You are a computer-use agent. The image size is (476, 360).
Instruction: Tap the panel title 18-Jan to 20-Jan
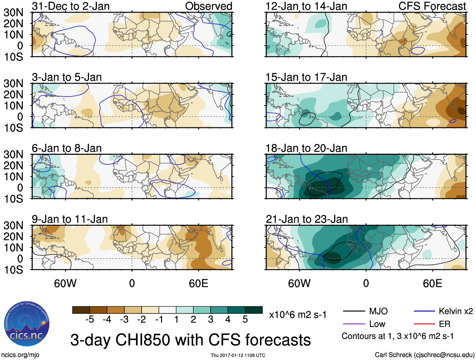[x=306, y=148]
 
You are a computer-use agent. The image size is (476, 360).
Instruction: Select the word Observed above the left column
[x=208, y=6]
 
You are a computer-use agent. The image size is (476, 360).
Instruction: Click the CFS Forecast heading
[x=432, y=6]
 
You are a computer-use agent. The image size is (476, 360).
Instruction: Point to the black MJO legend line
[x=354, y=311]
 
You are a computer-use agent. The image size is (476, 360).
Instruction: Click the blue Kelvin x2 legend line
[x=424, y=311]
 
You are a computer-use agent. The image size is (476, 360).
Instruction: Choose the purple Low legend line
[x=354, y=324]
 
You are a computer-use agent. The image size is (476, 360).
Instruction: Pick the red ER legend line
[x=424, y=324]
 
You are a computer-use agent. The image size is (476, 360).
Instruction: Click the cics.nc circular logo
[x=26, y=324]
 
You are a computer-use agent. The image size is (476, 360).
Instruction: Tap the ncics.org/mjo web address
[x=20, y=355]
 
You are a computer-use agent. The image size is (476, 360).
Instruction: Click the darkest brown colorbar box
[x=81, y=310]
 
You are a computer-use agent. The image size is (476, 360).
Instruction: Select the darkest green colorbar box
[x=254, y=310]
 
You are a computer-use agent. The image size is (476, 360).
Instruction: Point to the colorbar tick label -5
[x=90, y=320]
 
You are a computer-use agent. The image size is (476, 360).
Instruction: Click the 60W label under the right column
[x=299, y=283]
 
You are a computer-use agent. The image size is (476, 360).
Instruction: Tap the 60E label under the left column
[x=198, y=283]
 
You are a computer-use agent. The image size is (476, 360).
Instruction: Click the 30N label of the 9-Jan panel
[x=13, y=225]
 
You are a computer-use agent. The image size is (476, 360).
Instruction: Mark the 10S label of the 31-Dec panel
[x=13, y=57]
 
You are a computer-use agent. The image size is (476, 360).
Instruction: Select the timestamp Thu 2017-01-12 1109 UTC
[x=238, y=355]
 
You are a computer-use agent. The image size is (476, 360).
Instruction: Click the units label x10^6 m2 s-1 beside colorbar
[x=298, y=315]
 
